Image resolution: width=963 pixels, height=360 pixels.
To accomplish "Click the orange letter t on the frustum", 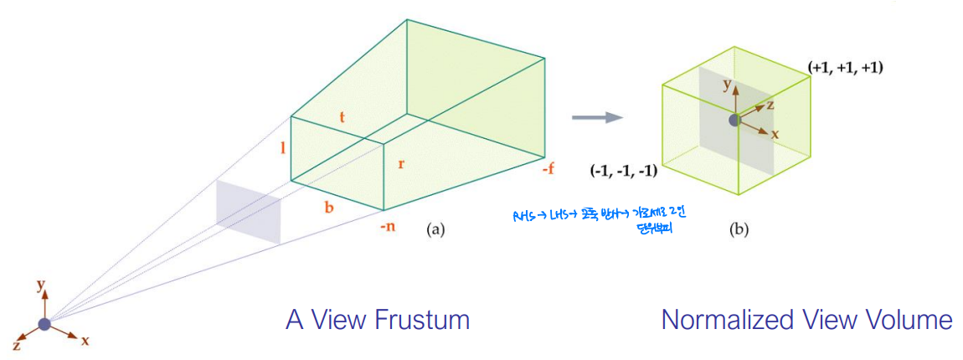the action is tap(342, 117).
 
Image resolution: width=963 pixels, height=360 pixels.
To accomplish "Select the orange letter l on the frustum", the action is tap(284, 148).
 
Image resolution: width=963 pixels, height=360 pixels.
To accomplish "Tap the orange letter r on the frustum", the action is tap(401, 163).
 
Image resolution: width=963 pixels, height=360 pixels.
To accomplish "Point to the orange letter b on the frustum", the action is tap(329, 206).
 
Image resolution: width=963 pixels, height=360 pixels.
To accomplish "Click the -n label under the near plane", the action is tap(387, 226).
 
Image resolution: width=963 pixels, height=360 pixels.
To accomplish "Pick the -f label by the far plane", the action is tap(548, 168).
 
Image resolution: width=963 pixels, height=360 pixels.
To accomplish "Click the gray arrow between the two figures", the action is tap(596, 117).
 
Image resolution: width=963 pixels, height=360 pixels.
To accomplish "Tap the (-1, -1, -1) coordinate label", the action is tap(623, 172).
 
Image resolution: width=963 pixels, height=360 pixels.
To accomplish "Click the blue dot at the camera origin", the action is tap(44, 324).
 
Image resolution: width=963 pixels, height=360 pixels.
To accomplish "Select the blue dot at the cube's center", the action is tap(734, 120).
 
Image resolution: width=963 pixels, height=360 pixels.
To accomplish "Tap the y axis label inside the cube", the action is tap(728, 84).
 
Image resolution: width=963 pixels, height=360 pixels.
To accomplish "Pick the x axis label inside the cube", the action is tap(775, 134).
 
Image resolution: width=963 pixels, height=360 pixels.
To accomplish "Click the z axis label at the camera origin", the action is tap(17, 345).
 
